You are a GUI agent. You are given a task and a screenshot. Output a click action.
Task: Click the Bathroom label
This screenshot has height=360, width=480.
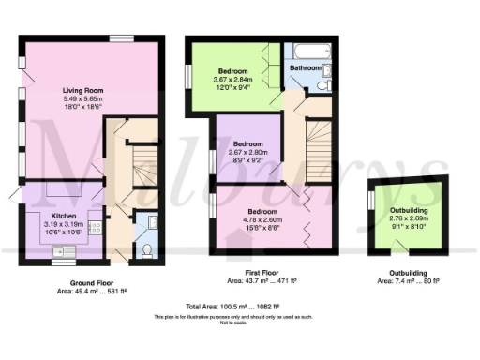(306, 68)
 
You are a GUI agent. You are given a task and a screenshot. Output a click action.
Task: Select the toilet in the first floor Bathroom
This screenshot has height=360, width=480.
(322, 86)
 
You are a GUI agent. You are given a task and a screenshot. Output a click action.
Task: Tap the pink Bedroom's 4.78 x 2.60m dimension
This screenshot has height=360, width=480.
(262, 221)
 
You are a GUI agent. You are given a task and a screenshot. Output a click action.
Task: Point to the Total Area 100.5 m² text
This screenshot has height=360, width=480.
(239, 307)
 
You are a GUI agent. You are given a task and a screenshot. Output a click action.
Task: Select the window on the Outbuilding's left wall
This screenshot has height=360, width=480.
(371, 201)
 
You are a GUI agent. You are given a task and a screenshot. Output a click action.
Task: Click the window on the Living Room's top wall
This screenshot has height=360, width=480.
(121, 37)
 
